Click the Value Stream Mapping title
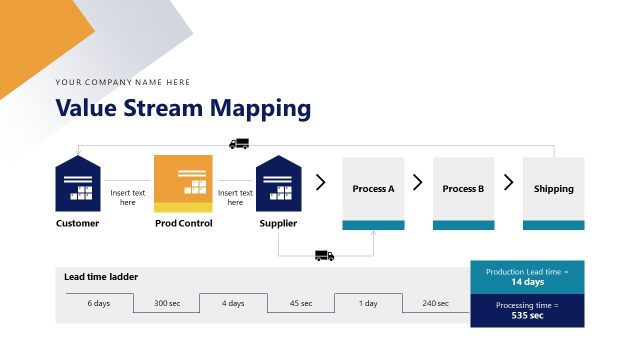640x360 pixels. pyautogui.click(x=183, y=108)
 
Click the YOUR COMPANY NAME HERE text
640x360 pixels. pyautogui.click(x=123, y=82)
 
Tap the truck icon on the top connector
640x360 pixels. pyautogui.click(x=239, y=144)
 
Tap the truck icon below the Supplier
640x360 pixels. pyautogui.click(x=324, y=255)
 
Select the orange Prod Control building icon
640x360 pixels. pyautogui.click(x=183, y=184)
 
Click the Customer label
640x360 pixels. pyautogui.click(x=78, y=223)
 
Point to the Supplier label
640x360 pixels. pyautogui.click(x=278, y=223)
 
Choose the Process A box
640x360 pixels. pyautogui.click(x=373, y=189)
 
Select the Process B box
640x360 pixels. pyautogui.click(x=463, y=189)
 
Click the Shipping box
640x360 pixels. pyautogui.click(x=553, y=189)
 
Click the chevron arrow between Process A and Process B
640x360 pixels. pyautogui.click(x=418, y=183)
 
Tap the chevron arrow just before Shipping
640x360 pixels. pyautogui.click(x=508, y=183)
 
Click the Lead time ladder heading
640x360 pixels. pyautogui.click(x=101, y=276)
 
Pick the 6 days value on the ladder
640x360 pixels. pyautogui.click(x=99, y=303)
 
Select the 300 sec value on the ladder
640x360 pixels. pyautogui.click(x=166, y=303)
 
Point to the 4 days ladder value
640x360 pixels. pyautogui.click(x=233, y=303)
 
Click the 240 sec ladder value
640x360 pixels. pyautogui.click(x=435, y=303)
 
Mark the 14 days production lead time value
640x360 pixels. pyautogui.click(x=527, y=283)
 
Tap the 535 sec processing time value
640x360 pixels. pyautogui.click(x=527, y=315)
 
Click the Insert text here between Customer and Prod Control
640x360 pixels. pyautogui.click(x=128, y=197)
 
